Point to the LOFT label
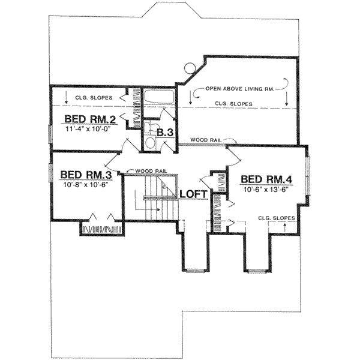[194, 194]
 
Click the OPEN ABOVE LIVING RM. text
[240, 89]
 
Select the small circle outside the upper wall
[189, 68]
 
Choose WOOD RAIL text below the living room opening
[205, 140]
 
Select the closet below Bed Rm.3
[102, 228]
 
